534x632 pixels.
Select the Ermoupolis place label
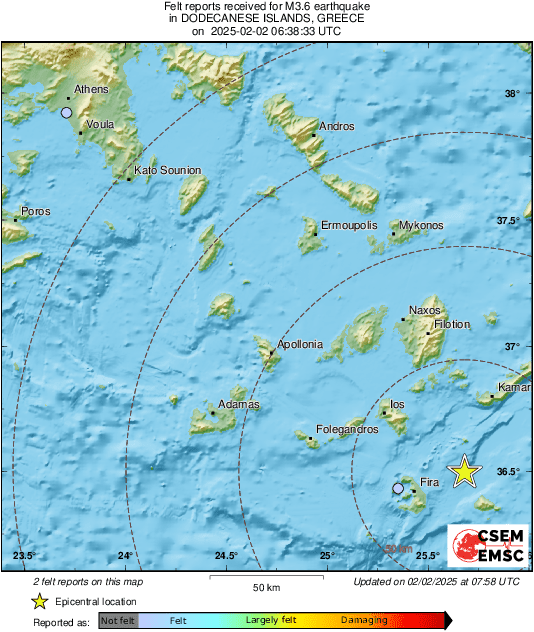[x=349, y=226]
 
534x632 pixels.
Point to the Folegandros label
[x=347, y=429]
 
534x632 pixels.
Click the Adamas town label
[x=239, y=405]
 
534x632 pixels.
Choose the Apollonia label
[x=300, y=344]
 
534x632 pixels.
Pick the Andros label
[x=337, y=127]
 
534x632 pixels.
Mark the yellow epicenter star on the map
[x=463, y=471]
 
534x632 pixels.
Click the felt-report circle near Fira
[x=398, y=488]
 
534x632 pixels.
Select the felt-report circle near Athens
[x=66, y=113]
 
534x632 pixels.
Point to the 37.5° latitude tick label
[x=509, y=220]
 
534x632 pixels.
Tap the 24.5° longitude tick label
[x=226, y=556]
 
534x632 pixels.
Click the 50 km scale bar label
[x=264, y=586]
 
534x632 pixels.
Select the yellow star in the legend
[x=39, y=601]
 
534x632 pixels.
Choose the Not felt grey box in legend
[x=118, y=621]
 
